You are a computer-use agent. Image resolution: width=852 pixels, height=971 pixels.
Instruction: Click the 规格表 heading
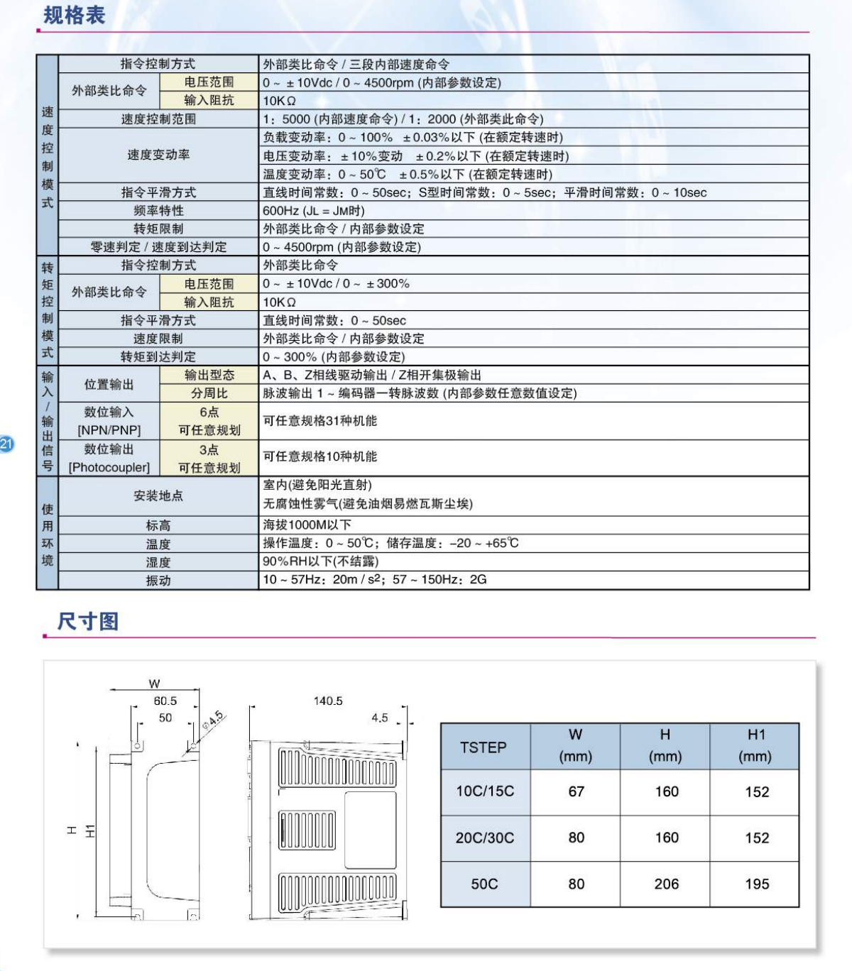[74, 15]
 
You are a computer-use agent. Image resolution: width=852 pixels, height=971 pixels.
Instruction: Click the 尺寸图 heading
[88, 621]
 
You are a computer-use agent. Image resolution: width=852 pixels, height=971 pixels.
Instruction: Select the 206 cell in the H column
[666, 884]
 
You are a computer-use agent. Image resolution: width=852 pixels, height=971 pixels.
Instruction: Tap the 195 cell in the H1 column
[757, 884]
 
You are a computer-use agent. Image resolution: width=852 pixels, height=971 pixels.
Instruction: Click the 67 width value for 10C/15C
[576, 791]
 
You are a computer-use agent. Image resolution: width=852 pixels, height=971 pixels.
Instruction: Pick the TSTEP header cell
[484, 747]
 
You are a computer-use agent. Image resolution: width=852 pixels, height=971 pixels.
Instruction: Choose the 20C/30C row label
[485, 838]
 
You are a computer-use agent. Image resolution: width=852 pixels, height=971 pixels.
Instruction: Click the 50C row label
[484, 884]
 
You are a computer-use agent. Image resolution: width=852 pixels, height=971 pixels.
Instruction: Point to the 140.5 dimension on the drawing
[328, 701]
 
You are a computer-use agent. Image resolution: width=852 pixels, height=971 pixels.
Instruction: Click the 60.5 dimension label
[165, 701]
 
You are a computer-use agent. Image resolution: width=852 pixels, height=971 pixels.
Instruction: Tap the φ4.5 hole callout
[212, 720]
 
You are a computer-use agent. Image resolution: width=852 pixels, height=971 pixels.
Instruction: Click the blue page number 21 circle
[6, 444]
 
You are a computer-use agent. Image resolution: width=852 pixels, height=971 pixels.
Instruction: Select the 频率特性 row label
[158, 211]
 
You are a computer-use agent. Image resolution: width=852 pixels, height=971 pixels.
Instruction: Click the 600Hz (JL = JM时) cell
[314, 211]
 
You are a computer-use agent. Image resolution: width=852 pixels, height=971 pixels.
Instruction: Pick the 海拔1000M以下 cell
[307, 525]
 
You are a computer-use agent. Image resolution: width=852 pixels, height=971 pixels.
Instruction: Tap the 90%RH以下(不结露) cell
[321, 561]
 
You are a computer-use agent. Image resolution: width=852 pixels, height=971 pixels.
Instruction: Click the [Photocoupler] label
[109, 468]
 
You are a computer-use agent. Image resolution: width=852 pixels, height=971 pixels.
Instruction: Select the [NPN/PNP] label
[109, 430]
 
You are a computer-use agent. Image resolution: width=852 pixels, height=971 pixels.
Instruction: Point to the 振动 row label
[158, 581]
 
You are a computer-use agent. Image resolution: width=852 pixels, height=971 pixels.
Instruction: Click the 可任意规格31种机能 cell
[320, 421]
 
